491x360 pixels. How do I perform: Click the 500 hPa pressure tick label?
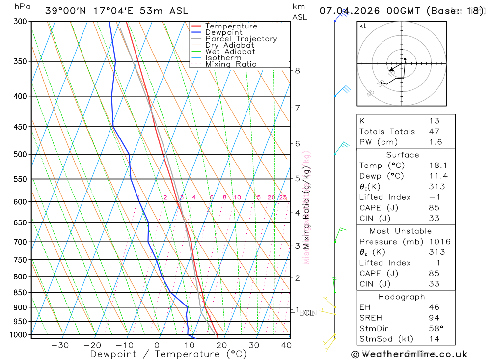coord(20,154)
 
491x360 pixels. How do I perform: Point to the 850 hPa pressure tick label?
coord(20,293)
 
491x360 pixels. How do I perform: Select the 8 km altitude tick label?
coord(297,70)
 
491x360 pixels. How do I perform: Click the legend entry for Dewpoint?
coord(223,32)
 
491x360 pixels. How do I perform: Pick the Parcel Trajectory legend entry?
coord(241,39)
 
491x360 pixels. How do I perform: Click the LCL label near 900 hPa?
coord(306,312)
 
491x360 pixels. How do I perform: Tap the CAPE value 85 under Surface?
coord(434,208)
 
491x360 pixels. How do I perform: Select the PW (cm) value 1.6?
coord(436,142)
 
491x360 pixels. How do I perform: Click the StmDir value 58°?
coord(436,329)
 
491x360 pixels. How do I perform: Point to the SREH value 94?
coord(434,318)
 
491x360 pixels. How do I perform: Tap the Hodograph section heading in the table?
coord(402,297)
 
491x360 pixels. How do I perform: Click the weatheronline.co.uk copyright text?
coord(409,354)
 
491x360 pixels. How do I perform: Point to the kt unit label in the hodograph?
coord(362,26)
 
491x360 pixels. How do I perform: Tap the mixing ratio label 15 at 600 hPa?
coord(257,198)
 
